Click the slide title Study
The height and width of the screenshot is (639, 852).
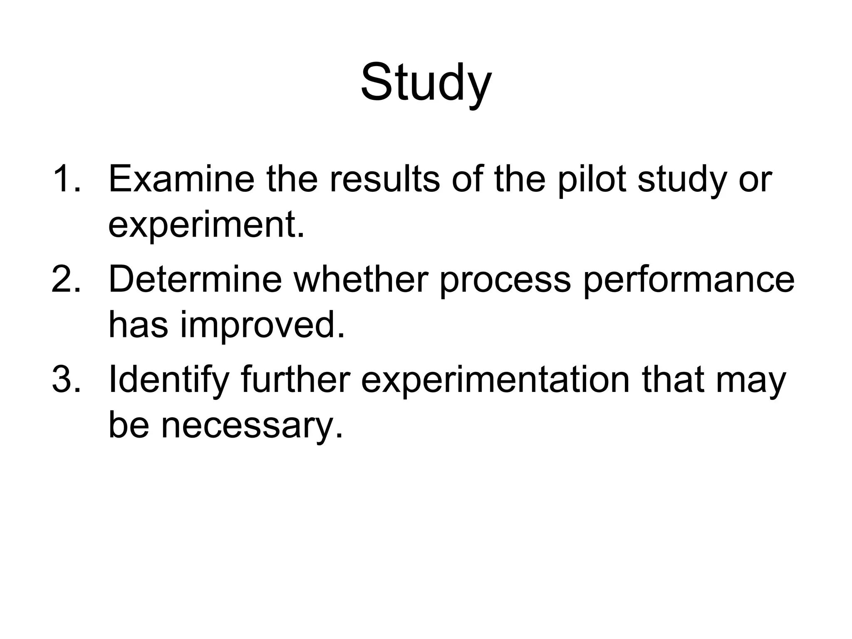pyautogui.click(x=426, y=82)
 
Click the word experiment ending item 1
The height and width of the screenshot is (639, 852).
pyautogui.click(x=206, y=225)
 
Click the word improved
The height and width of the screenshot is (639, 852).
pyautogui.click(x=262, y=325)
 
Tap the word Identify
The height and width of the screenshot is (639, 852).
pyautogui.click(x=168, y=381)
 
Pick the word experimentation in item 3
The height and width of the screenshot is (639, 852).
pyautogui.click(x=495, y=381)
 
